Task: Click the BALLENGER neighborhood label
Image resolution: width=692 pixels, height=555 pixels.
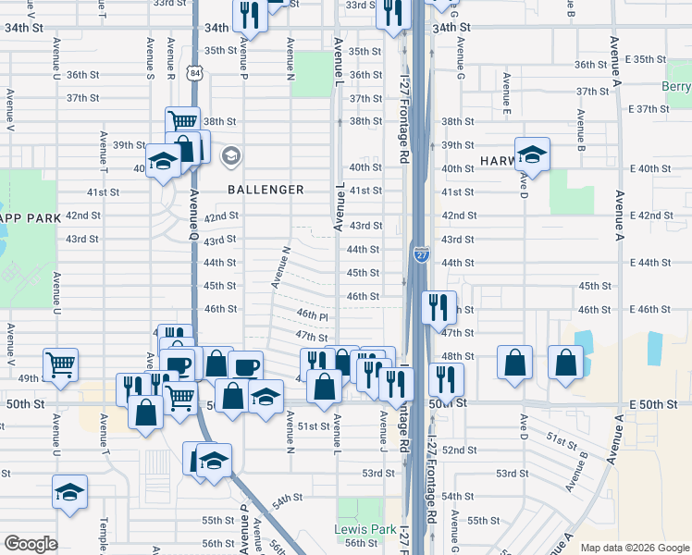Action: click(266, 190)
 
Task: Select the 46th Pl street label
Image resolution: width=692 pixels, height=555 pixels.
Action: click(312, 316)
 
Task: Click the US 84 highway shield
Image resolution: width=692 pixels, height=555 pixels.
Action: click(192, 72)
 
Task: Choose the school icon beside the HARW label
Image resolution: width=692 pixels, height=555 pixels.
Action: click(532, 154)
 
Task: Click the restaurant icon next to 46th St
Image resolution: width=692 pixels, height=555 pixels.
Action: click(439, 307)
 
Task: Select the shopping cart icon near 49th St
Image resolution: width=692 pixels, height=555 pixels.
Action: click(60, 364)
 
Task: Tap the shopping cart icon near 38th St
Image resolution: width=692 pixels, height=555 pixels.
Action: click(183, 123)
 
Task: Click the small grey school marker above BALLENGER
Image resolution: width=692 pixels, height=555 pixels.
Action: click(230, 155)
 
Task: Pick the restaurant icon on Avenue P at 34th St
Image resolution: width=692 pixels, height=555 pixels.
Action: click(250, 15)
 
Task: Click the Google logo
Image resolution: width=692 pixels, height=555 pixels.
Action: click(31, 544)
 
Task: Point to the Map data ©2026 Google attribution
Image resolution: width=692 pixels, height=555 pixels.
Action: click(634, 548)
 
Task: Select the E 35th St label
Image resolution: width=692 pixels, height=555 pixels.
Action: click(647, 59)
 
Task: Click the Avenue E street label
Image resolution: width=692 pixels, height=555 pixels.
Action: click(506, 105)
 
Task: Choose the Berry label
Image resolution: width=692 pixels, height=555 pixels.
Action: click(676, 87)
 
